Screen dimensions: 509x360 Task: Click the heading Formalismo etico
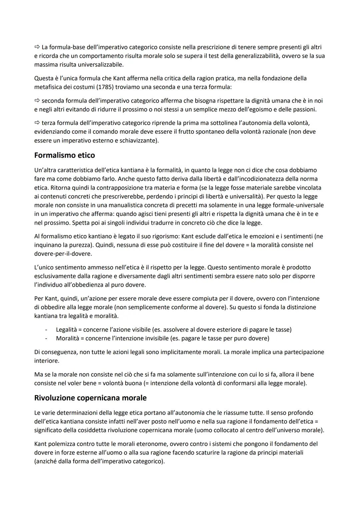tap(64, 155)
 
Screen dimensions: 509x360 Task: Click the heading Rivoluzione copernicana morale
tap(90, 398)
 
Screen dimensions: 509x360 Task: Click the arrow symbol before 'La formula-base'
tap(37, 47)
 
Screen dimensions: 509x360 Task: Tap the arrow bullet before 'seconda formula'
tap(37, 101)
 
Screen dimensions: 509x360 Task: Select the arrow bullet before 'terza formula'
tap(37, 123)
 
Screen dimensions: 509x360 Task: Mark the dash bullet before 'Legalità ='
tap(46, 330)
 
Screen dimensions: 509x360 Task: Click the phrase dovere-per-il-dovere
tap(63, 254)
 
